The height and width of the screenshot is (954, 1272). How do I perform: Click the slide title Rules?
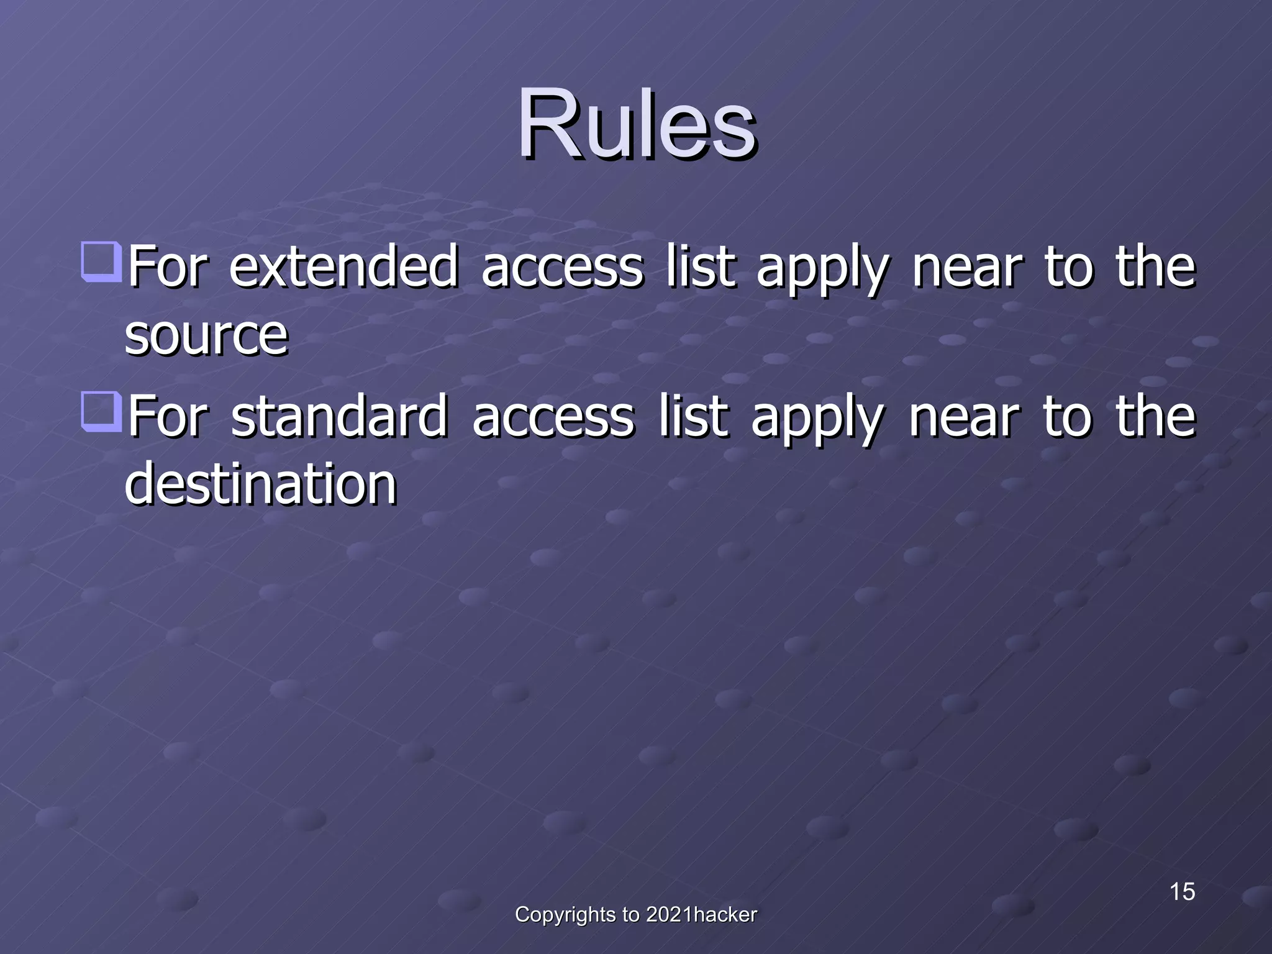click(636, 124)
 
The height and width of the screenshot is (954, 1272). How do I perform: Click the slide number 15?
click(1182, 892)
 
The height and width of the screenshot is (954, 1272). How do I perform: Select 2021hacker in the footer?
click(701, 915)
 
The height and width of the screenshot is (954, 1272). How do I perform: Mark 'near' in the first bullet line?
click(966, 268)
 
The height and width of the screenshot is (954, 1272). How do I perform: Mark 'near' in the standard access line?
click(964, 417)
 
